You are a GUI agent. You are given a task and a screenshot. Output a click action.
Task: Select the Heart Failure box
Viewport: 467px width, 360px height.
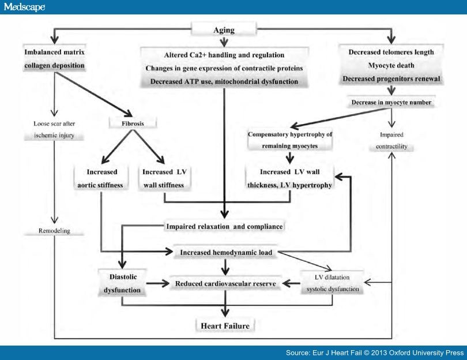[x=225, y=326]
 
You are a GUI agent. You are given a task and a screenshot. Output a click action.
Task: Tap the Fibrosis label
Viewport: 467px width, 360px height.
[x=125, y=122]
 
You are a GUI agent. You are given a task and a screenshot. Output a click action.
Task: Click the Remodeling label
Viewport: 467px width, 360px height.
[x=55, y=231]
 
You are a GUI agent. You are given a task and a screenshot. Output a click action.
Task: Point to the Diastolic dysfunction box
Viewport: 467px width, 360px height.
[x=121, y=283]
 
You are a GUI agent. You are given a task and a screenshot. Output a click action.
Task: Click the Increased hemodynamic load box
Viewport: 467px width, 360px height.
[x=226, y=252]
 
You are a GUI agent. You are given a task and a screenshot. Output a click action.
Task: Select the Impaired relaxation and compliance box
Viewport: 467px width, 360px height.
[x=224, y=227]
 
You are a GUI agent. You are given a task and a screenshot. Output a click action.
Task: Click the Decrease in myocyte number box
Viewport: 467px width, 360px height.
[x=391, y=103]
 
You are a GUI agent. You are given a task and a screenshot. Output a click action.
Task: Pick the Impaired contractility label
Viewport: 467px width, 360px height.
[x=391, y=140]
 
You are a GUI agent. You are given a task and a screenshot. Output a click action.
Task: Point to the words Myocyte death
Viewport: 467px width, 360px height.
[x=392, y=65]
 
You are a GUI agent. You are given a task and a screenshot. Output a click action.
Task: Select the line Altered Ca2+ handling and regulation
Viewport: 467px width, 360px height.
[x=224, y=55]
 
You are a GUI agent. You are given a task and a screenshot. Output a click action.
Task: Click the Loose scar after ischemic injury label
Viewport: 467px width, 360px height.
[x=55, y=130]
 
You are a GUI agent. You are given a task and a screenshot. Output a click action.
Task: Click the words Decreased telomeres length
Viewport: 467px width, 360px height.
[x=392, y=52]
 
